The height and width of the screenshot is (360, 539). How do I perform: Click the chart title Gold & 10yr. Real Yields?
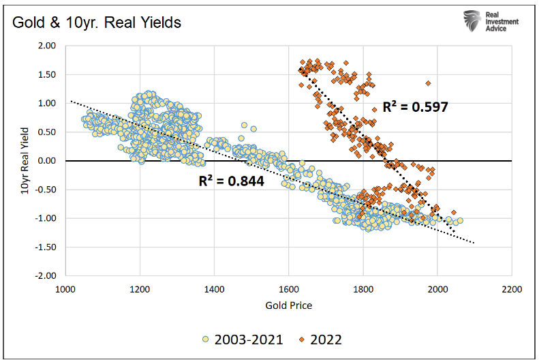(95, 22)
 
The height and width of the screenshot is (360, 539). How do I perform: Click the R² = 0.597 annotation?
(415, 106)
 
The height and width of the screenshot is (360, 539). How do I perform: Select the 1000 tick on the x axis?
(65, 288)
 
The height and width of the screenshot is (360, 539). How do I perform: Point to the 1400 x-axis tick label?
(215, 288)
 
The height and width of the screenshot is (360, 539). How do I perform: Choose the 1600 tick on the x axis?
(289, 288)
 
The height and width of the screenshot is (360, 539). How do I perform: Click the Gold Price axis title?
(288, 305)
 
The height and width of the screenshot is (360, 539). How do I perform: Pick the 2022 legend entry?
(320, 338)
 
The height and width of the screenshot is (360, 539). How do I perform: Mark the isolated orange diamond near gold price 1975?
(428, 83)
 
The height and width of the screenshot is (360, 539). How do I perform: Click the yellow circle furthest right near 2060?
(460, 220)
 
